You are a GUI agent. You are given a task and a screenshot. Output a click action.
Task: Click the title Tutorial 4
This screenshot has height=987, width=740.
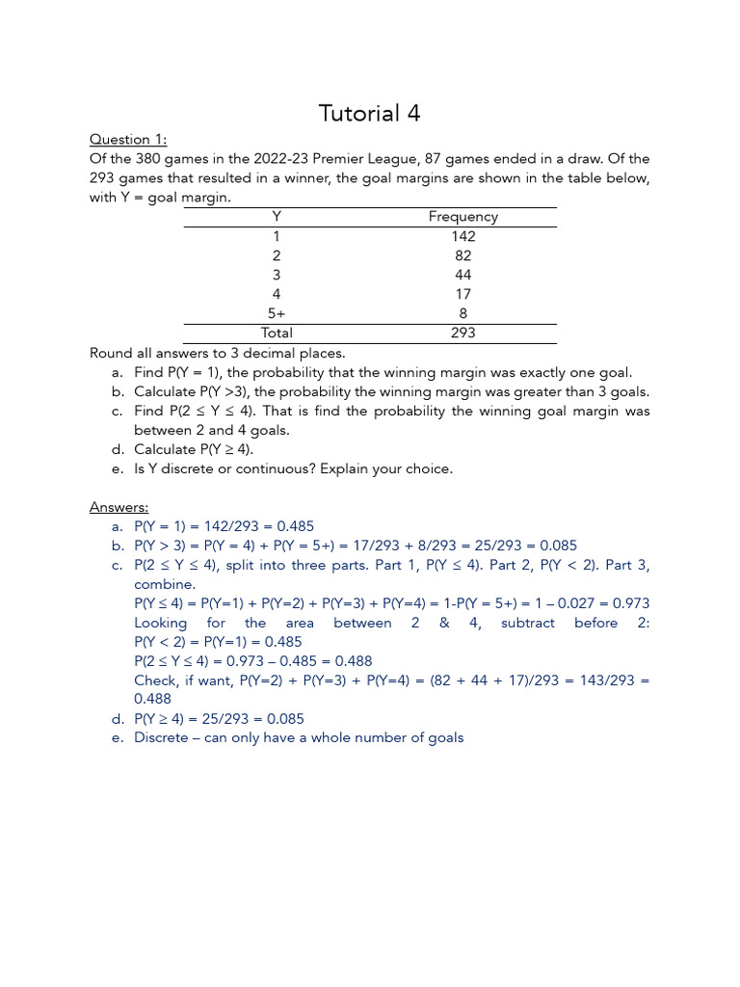[370, 113]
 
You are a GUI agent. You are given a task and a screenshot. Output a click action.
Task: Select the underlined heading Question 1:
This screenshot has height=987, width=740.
[128, 139]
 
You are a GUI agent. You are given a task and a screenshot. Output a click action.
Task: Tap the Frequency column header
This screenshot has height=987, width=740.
[462, 217]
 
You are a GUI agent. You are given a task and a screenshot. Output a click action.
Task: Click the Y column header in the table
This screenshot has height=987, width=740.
[277, 217]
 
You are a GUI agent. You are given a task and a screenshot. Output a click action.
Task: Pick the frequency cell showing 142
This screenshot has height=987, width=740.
[462, 236]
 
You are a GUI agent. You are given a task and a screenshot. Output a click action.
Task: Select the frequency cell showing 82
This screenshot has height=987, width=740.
[462, 255]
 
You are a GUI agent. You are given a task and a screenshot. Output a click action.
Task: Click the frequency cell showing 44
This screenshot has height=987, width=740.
[462, 275]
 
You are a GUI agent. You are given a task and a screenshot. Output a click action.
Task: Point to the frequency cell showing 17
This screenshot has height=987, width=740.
[462, 294]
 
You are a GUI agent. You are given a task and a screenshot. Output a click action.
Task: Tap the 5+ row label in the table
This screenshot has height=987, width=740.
[277, 313]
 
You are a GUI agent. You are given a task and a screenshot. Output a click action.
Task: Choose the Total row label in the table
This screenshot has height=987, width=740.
[277, 333]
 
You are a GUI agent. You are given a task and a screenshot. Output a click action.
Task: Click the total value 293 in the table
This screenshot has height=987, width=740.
[462, 333]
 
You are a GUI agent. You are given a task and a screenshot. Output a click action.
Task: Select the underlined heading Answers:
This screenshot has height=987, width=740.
[119, 507]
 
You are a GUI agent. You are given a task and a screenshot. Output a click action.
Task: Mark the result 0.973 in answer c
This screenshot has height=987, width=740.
[629, 603]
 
